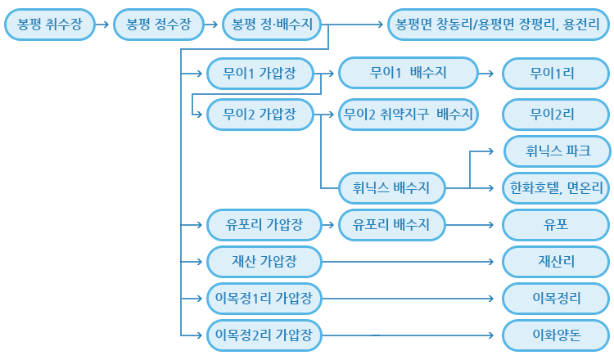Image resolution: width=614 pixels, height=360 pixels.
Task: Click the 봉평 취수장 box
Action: pos(49,25)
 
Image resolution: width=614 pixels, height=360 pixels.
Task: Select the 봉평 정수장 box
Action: pos(159,25)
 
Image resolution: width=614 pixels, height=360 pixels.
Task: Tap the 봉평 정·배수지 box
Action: pos(273,25)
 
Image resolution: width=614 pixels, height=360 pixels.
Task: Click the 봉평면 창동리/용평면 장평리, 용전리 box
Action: pos(498,25)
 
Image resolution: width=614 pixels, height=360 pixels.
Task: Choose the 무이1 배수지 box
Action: pos(409,74)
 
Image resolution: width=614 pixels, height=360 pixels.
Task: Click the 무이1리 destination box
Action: pos(557,74)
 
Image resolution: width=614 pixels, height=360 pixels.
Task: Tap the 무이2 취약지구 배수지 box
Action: pos(409,114)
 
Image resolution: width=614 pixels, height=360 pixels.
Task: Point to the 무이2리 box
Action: pos(557,114)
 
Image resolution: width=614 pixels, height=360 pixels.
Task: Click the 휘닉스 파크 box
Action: pos(557,151)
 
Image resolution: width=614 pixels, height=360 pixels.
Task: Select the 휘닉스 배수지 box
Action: pos(391,187)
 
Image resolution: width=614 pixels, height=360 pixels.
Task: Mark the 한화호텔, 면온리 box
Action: pos(557,187)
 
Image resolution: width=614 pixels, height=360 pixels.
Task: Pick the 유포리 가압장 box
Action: pos(262,223)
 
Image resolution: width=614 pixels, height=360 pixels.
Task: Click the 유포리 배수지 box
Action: pos(391,223)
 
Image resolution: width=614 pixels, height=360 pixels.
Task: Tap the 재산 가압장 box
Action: pos(262,262)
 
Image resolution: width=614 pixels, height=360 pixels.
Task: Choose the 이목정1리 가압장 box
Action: pos(262,297)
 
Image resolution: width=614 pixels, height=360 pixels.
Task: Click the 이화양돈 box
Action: pos(557,334)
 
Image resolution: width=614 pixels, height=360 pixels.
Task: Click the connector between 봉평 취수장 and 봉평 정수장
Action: pos(103,25)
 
